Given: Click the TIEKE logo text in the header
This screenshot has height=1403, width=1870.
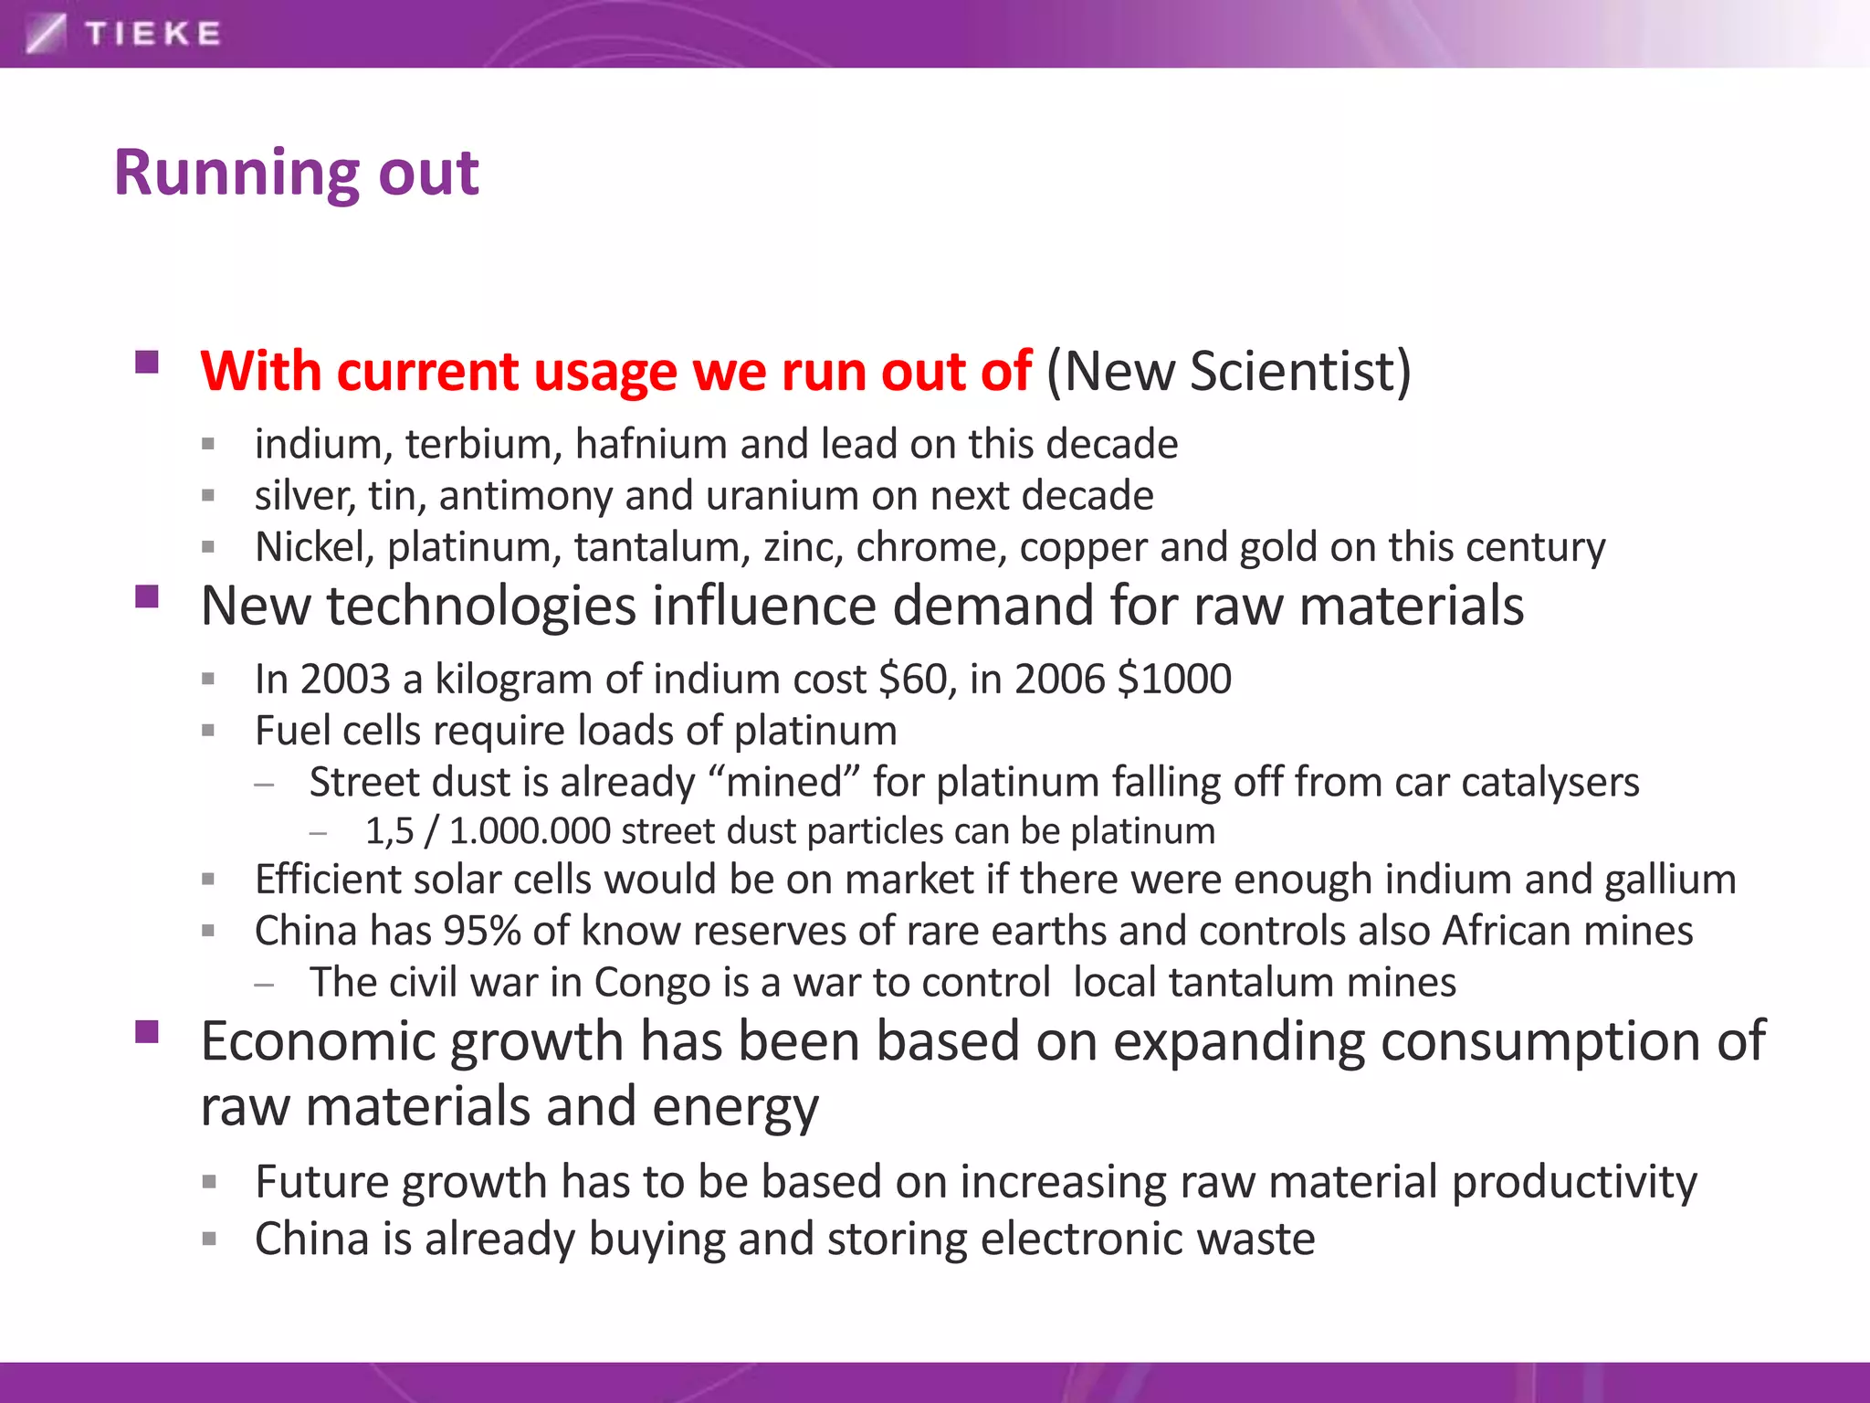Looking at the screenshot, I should point(152,34).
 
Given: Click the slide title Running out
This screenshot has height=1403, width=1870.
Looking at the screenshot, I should point(296,173).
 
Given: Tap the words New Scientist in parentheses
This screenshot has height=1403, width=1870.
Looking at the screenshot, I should point(1228,372).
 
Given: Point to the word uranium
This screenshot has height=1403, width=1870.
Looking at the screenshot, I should point(782,496).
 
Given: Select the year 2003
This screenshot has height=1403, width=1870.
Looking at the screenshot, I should point(345,680).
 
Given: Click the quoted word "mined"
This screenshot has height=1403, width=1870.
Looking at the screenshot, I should point(783,783).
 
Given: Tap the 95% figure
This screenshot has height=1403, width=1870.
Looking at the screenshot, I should point(481,932).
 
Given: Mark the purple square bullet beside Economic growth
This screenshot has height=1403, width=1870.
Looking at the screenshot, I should point(147,1032).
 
